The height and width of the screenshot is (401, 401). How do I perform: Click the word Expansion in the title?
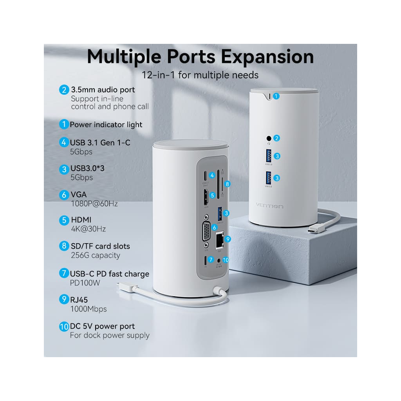[x=267, y=56]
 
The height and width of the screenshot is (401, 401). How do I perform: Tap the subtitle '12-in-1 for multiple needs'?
[x=200, y=74]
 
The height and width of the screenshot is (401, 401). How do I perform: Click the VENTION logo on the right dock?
[x=269, y=206]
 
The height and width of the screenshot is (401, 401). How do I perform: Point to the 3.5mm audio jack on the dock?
[x=269, y=138]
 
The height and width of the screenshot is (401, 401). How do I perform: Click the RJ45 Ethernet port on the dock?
[x=219, y=239]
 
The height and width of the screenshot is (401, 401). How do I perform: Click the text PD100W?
[x=83, y=283]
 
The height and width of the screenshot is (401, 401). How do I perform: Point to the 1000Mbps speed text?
[x=88, y=309]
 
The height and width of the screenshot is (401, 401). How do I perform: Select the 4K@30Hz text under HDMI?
[x=88, y=229]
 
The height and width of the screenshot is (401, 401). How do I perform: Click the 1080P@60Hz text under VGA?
[x=94, y=204]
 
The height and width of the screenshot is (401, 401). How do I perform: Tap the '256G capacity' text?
[x=95, y=255]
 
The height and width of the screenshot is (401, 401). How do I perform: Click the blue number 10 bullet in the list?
[x=64, y=326]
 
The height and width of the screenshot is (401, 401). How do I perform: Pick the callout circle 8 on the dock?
[x=227, y=183]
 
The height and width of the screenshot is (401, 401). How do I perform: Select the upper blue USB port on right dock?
[x=269, y=156]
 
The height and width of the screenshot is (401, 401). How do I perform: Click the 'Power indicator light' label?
[x=106, y=125]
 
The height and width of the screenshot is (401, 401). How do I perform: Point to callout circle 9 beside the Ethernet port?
[x=228, y=238]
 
